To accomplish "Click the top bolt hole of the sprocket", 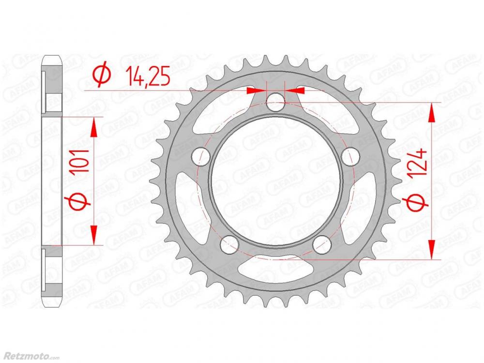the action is point(276,102).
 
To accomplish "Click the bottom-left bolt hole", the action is point(229,244).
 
